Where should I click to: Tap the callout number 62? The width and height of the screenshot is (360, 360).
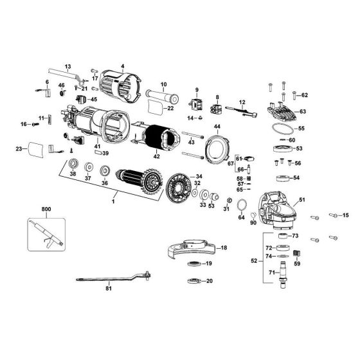coord(305,95)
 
